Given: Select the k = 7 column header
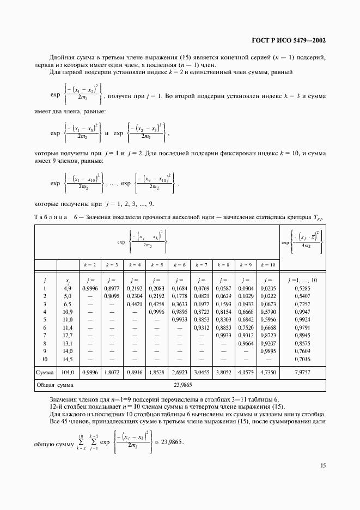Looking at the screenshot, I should pyautogui.click(x=202, y=264).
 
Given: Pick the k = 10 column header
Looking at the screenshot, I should pyautogui.click(x=268, y=264).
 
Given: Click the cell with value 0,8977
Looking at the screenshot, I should pyautogui.click(x=112, y=288).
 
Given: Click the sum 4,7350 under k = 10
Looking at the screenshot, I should pyautogui.click(x=268, y=373).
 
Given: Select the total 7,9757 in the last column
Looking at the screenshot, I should pyautogui.click(x=302, y=373).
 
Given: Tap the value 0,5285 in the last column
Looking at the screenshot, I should pyautogui.click(x=302, y=288).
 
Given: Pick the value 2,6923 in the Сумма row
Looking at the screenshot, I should pyautogui.click(x=179, y=373).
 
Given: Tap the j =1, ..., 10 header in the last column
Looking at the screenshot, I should pyautogui.click(x=302, y=280).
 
